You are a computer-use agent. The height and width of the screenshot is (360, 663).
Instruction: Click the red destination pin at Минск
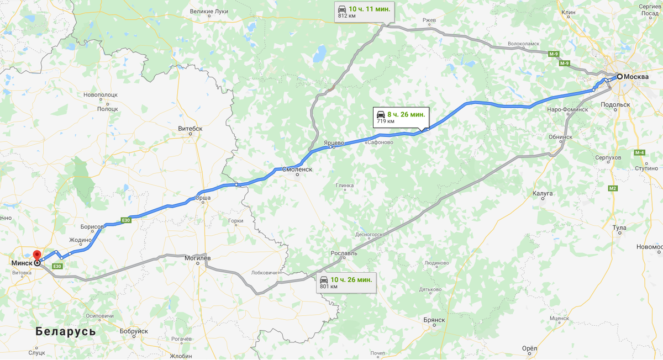coord(37,256)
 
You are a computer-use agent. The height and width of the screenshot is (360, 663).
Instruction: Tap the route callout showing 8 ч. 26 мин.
coord(401,117)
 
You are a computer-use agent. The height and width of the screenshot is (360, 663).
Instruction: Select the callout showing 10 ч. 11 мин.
coord(362,12)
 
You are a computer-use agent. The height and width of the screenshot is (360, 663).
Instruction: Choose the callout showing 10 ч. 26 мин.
coord(345,282)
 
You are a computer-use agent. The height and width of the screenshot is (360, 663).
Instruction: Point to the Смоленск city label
coord(297,170)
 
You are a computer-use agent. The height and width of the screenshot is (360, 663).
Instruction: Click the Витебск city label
coord(190,128)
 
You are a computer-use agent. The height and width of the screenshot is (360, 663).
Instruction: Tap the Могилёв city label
coord(197,258)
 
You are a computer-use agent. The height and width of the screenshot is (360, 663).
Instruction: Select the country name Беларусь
coord(65,331)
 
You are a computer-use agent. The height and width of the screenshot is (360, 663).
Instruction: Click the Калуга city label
coord(543,193)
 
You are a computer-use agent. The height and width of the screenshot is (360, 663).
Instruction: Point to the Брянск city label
coord(434,320)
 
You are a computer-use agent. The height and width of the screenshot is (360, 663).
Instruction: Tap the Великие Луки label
coord(208,11)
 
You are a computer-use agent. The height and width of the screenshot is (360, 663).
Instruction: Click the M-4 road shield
coord(640,152)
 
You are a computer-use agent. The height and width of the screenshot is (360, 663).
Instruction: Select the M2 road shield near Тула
coord(613,189)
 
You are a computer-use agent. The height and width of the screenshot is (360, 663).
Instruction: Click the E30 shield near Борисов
coord(126,220)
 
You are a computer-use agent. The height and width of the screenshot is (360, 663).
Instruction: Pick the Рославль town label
coord(344,253)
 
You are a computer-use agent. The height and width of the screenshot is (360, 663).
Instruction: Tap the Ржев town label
coord(429,20)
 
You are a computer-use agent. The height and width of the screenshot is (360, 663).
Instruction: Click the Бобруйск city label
coord(134,331)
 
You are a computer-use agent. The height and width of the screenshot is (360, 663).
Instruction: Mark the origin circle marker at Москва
coord(619,77)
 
